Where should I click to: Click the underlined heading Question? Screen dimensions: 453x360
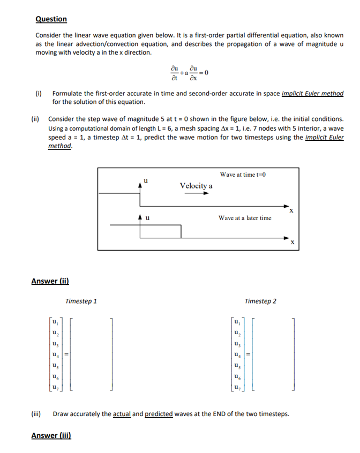coord(51,19)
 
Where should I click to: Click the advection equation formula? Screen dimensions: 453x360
coord(189,72)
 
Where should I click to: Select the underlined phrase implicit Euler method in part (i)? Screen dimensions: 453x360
coord(312,93)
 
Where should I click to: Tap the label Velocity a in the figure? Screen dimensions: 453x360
coord(196,185)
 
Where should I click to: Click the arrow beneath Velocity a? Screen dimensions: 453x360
coord(196,194)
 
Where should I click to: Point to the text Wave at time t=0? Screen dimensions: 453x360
coord(243,175)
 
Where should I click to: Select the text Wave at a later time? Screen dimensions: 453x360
coord(245,218)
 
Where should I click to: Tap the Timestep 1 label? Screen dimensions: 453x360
coord(81,301)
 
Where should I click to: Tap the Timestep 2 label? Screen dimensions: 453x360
coord(260,301)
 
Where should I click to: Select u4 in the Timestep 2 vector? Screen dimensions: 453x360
coord(236,354)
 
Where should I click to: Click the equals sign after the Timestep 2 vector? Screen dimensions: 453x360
coord(249,354)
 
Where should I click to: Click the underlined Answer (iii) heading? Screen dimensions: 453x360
coord(51,435)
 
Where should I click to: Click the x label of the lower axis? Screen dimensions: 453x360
coord(292,243)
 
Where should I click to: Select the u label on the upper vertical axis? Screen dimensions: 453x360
coord(145,181)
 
